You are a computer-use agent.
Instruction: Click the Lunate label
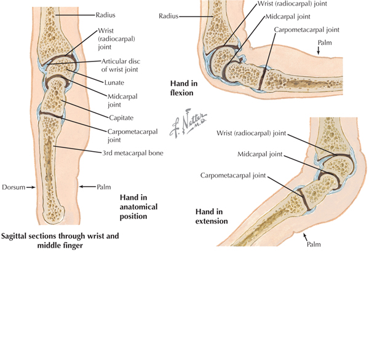(114, 82)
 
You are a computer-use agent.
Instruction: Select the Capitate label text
(121, 117)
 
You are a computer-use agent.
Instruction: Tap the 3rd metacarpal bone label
(133, 153)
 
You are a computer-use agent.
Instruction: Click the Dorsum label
(14, 187)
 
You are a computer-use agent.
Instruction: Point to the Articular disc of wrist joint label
(121, 65)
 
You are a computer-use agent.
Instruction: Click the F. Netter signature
(188, 123)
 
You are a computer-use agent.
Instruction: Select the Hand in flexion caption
(184, 88)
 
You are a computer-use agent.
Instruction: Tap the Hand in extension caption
(212, 216)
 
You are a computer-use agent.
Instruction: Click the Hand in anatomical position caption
(138, 206)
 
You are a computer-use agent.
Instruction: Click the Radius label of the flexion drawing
(169, 16)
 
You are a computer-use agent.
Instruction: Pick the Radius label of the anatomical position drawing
(105, 15)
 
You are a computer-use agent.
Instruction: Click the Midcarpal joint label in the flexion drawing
(288, 17)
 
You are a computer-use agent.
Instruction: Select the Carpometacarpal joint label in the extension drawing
(233, 176)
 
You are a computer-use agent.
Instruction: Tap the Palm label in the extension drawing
(314, 245)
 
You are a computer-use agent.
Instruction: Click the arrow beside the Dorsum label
(31, 187)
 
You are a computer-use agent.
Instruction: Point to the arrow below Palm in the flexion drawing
(319, 50)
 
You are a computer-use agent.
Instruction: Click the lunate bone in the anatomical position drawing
(60, 67)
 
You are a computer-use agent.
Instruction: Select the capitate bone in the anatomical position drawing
(53, 96)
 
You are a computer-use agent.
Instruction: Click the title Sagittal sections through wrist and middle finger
(60, 241)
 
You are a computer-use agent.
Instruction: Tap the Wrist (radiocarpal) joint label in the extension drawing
(252, 133)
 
